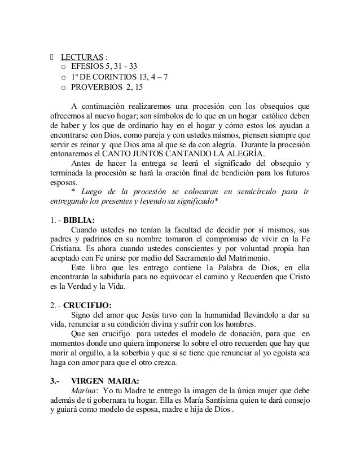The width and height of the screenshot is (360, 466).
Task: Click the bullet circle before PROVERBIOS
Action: [63, 88]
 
